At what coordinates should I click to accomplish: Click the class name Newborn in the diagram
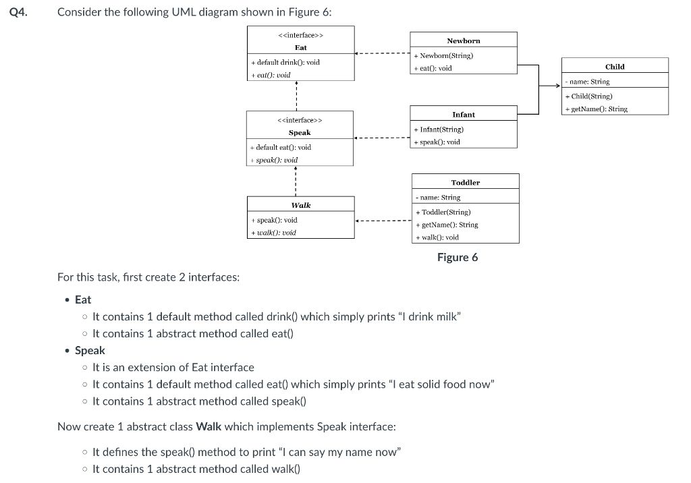(463, 40)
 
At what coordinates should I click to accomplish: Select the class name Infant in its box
(463, 115)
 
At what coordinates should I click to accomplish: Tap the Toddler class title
(465, 182)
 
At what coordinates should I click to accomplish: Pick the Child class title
(614, 66)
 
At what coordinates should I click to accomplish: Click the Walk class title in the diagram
(300, 204)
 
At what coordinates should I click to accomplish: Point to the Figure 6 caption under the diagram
(457, 257)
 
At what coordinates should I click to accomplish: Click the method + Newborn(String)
(443, 55)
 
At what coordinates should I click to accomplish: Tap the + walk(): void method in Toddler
(437, 237)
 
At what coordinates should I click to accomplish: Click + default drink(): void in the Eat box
(285, 62)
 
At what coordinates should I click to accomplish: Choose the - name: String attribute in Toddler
(438, 198)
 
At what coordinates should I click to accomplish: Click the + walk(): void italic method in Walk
(273, 232)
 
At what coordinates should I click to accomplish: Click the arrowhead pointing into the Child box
(559, 86)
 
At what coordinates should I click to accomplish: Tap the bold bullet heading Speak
(90, 350)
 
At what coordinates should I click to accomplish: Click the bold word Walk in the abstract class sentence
(209, 426)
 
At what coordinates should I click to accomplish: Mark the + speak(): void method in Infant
(437, 142)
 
